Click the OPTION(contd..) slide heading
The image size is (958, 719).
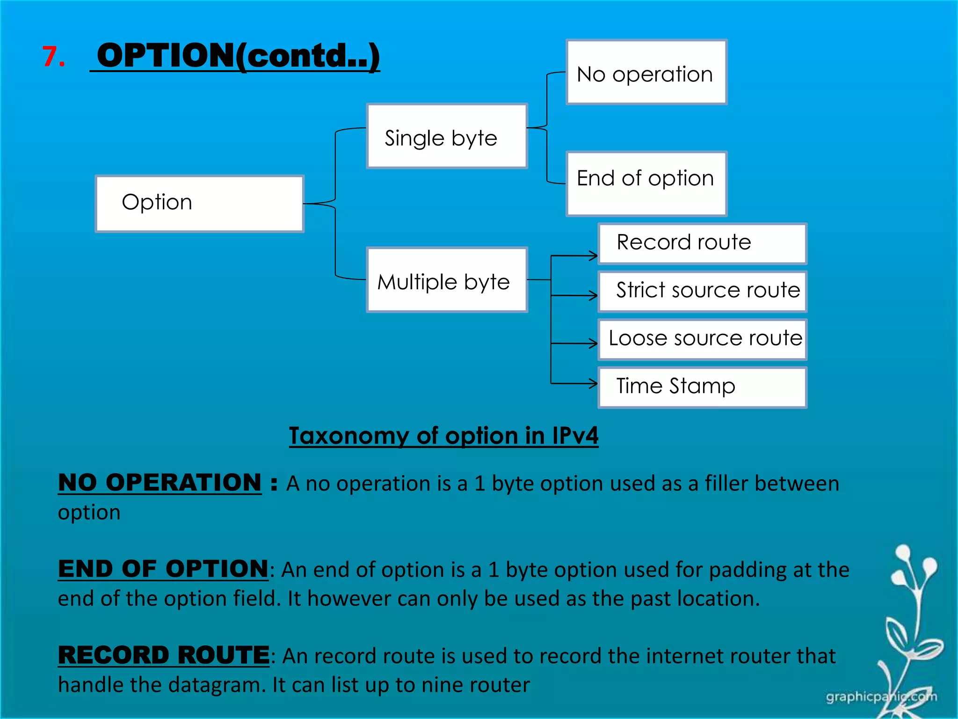(238, 56)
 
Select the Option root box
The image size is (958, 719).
(200, 204)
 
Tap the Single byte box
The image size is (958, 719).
(447, 136)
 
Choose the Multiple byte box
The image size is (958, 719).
(447, 280)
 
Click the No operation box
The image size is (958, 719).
(646, 72)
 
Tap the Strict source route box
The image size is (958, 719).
(702, 292)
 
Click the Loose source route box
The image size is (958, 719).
(702, 339)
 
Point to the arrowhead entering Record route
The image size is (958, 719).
(593, 256)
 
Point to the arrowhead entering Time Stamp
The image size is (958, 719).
(593, 384)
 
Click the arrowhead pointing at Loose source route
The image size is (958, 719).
(593, 344)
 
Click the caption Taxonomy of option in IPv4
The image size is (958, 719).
(443, 436)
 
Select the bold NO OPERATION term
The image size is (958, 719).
(160, 483)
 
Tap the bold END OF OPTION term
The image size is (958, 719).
(163, 569)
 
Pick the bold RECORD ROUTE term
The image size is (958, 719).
(164, 655)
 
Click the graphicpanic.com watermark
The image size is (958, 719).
(881, 697)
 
